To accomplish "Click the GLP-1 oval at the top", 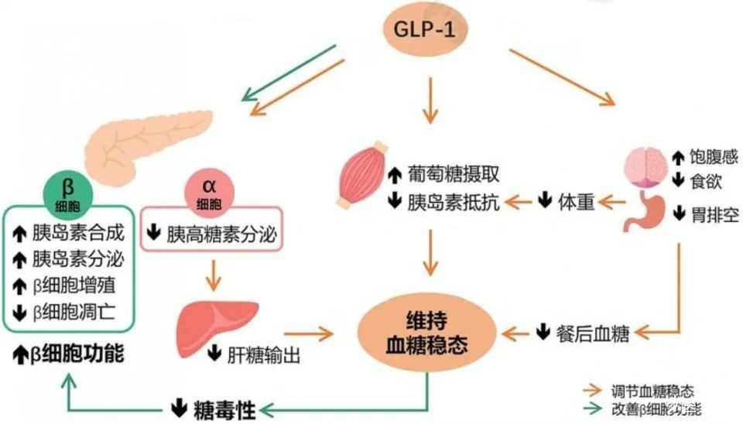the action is click(425, 29).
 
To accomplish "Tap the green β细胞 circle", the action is click(68, 193).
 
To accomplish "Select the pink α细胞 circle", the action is click(208, 193).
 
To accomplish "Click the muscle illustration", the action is click(362, 174).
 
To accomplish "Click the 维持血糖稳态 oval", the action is click(426, 332).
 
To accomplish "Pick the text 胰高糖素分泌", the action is click(221, 234).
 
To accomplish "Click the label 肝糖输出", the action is click(263, 354).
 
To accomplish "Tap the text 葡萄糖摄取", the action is click(453, 174).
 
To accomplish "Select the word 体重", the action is click(576, 201).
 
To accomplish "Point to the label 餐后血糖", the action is click(592, 333).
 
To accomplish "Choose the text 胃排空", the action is click(714, 214).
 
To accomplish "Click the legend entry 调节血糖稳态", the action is click(652, 391).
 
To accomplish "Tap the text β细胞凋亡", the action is click(74, 312).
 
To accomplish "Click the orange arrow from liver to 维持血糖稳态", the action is click(309, 333).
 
